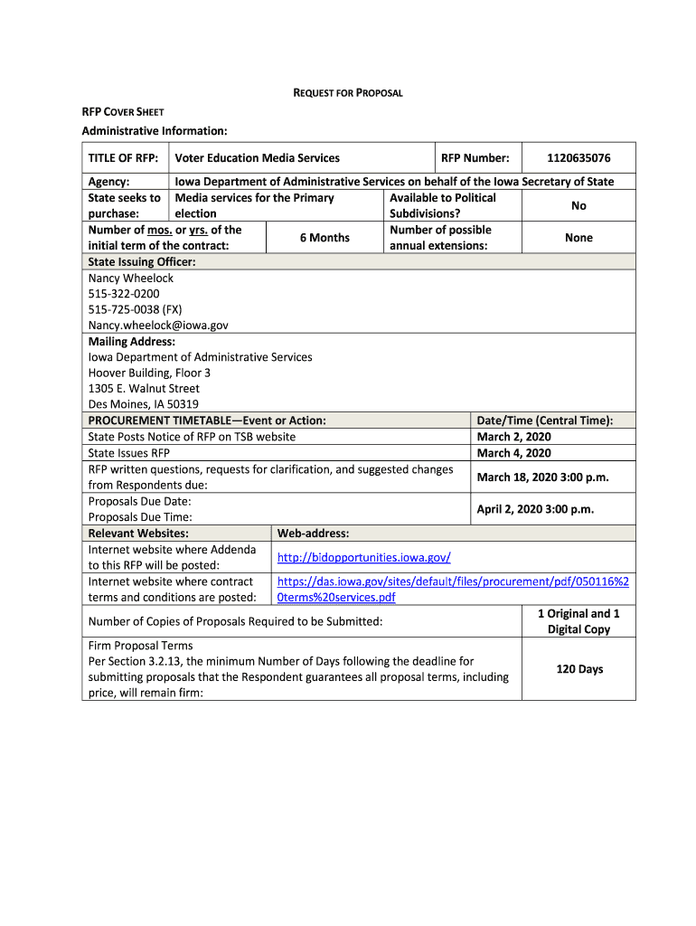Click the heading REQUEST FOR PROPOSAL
pyautogui.click(x=348, y=93)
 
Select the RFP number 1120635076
pyautogui.click(x=578, y=158)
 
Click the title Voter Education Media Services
pyautogui.click(x=258, y=158)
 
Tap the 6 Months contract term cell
pyautogui.click(x=324, y=238)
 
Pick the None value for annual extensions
pyautogui.click(x=578, y=238)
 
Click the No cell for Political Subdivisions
pyautogui.click(x=578, y=206)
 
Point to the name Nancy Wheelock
pyautogui.click(x=131, y=279)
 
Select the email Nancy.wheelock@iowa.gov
pyautogui.click(x=158, y=326)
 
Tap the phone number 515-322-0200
pyautogui.click(x=124, y=294)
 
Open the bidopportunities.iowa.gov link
pyautogui.click(x=363, y=557)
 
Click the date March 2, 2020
pyautogui.click(x=513, y=437)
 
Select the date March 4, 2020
pyautogui.click(x=513, y=453)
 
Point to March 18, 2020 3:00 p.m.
pyautogui.click(x=542, y=477)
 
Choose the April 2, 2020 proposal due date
pyautogui.click(x=535, y=509)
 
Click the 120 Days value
pyautogui.click(x=579, y=669)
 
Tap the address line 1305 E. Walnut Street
pyautogui.click(x=144, y=389)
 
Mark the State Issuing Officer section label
pyautogui.click(x=142, y=262)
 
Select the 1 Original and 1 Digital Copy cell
pyautogui.click(x=578, y=621)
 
